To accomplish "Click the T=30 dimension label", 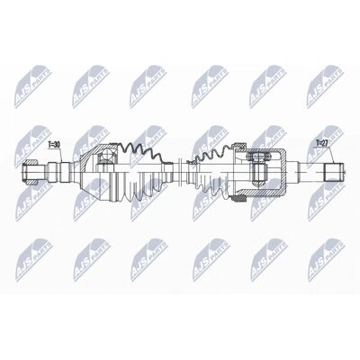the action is (55, 145).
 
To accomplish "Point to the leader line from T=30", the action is (61, 155).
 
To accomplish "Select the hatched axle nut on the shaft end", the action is (31, 172).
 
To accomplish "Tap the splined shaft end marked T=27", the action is (334, 172).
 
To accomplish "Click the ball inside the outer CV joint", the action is (105, 155).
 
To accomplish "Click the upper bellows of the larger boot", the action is (141, 151).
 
